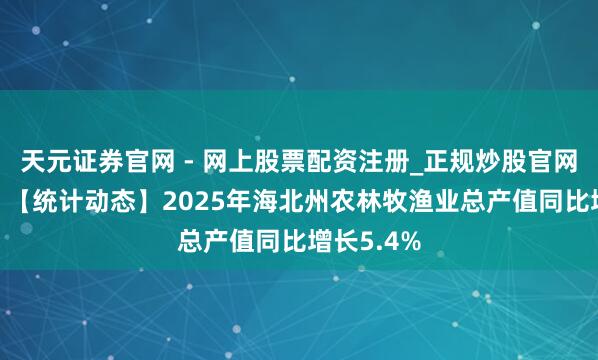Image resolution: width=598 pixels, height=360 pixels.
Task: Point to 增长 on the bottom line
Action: [337, 238]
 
